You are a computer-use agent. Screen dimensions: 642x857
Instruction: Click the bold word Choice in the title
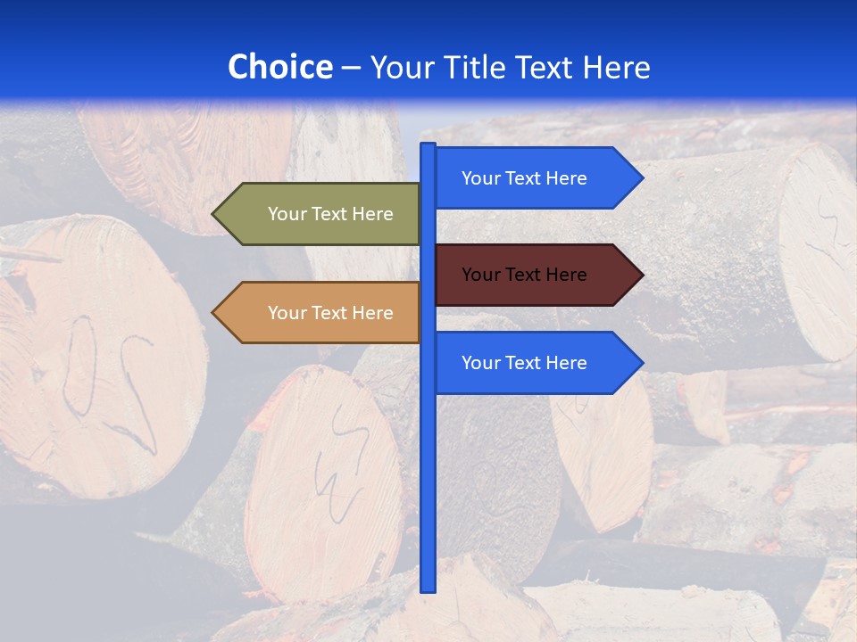279,67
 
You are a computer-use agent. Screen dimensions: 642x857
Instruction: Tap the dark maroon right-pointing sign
536,275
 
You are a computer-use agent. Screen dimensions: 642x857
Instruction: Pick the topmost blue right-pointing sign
536,178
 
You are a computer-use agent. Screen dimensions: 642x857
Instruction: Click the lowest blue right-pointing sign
536,363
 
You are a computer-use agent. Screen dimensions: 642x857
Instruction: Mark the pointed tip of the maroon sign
641,275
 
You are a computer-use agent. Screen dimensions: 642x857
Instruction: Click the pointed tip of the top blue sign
641,178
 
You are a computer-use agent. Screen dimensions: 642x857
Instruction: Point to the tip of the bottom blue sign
641,363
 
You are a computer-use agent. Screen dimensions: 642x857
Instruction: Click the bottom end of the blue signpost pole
428,588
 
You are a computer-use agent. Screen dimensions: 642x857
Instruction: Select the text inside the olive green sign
330,214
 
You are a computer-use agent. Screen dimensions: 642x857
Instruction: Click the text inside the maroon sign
524,275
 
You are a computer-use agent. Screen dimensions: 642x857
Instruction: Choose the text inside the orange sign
330,313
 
